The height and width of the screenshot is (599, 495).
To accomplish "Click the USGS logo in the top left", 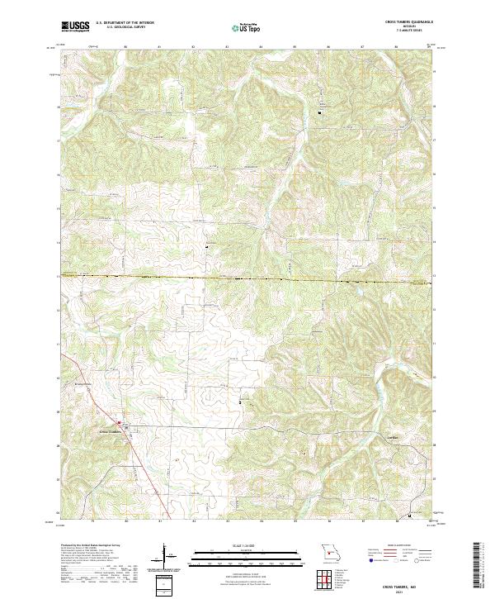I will (73, 26).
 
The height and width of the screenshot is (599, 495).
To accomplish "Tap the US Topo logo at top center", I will (247, 27).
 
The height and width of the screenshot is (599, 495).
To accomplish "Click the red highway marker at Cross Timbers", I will (119, 424).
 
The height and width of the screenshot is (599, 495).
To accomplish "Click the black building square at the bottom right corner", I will (411, 517).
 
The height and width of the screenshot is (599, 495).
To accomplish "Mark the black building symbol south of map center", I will (240, 402).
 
